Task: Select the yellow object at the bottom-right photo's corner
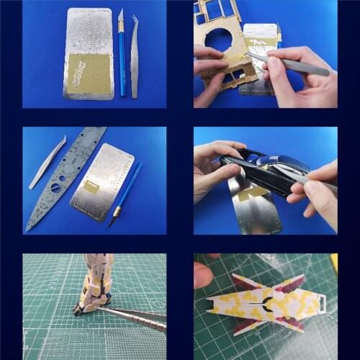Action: (333, 261)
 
